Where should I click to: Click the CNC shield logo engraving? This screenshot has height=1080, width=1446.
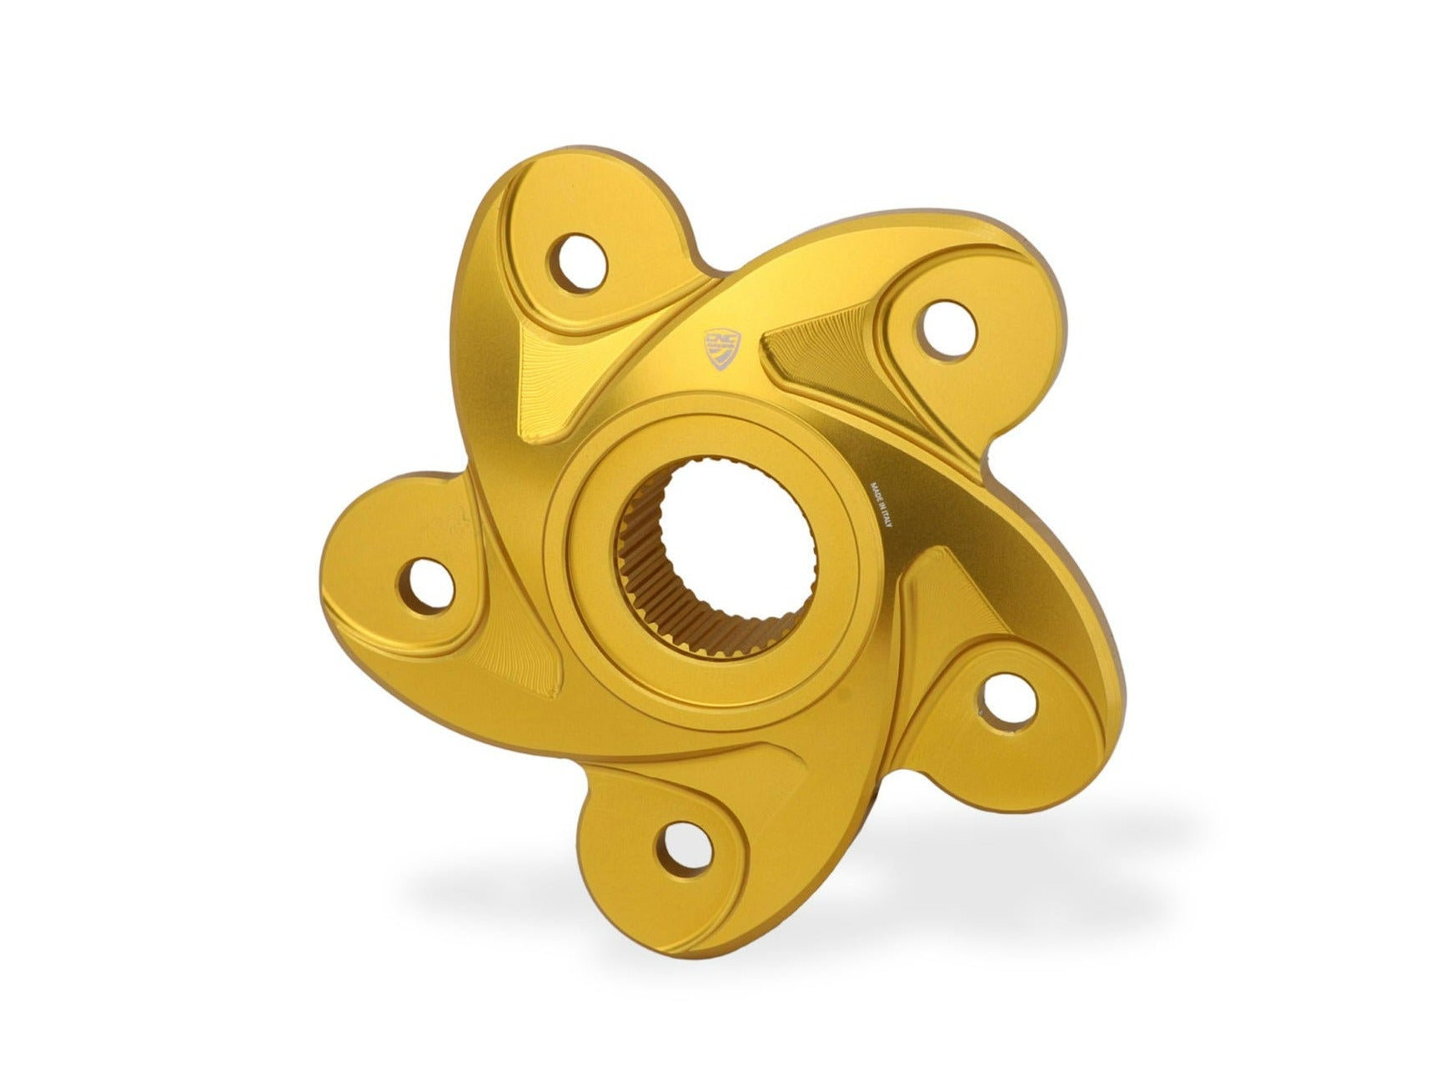(x=722, y=348)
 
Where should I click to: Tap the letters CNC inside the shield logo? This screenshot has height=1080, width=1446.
(x=722, y=339)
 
